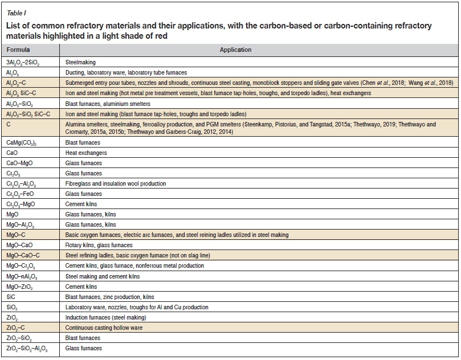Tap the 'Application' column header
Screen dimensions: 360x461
tap(235, 50)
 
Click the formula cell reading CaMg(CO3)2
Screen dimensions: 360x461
tap(25, 143)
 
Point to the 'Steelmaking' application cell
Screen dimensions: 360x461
tap(80, 62)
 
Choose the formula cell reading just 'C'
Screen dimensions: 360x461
tap(9, 124)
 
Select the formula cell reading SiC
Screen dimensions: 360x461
tap(12, 297)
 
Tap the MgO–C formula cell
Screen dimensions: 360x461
tap(17, 235)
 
